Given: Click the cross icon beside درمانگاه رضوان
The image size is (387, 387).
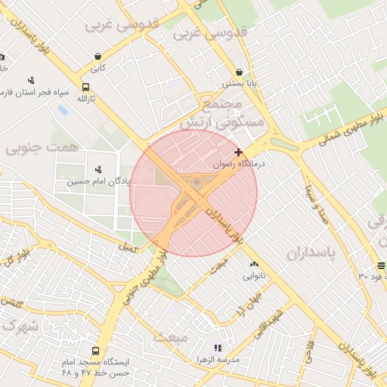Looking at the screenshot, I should tap(239, 152).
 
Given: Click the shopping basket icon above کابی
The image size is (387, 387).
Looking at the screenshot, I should tap(98, 56).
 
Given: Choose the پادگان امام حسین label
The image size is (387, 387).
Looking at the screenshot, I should tap(98, 181).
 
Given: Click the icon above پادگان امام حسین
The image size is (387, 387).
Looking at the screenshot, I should tap(98, 169).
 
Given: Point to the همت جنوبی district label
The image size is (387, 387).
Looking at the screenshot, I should tap(42, 147).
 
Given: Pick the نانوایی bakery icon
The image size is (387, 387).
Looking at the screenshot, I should tap(254, 264).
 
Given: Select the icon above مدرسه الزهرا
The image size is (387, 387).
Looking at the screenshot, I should tap(218, 348).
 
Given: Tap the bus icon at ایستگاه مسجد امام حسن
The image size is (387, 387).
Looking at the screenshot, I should tap(95, 351).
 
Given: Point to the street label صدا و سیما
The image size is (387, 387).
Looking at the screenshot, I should tap(316, 204).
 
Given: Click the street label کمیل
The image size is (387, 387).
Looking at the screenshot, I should tap(128, 247).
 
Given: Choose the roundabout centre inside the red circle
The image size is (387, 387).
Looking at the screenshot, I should tap(196, 184).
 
